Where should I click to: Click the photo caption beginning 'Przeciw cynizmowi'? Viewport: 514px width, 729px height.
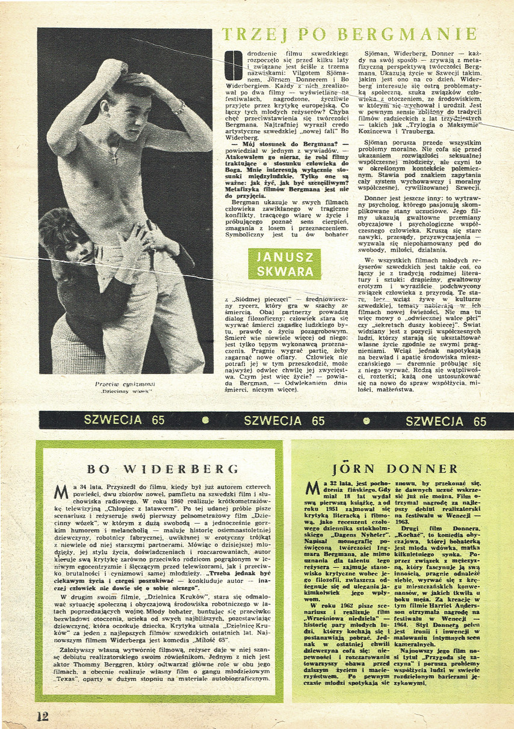click(x=125, y=387)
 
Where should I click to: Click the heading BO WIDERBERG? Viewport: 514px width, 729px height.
click(x=159, y=469)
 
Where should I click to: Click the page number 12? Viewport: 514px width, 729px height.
click(x=42, y=716)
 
